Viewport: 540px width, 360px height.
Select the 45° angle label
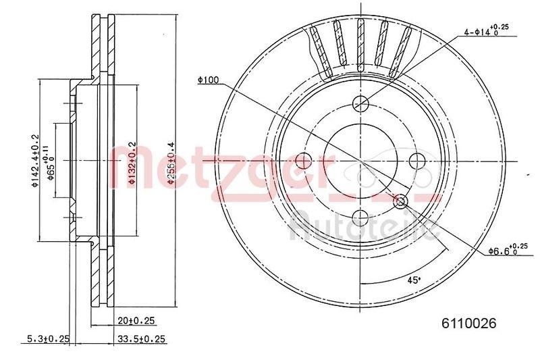coord(413,279)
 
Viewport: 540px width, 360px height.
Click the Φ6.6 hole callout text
coord(503,250)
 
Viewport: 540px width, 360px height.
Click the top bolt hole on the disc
coord(361,103)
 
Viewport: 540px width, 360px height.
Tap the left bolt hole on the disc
coord(304,161)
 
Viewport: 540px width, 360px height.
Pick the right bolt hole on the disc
coord(418,161)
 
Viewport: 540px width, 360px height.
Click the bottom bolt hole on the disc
coord(361,217)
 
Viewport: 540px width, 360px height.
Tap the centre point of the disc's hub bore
coord(361,161)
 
